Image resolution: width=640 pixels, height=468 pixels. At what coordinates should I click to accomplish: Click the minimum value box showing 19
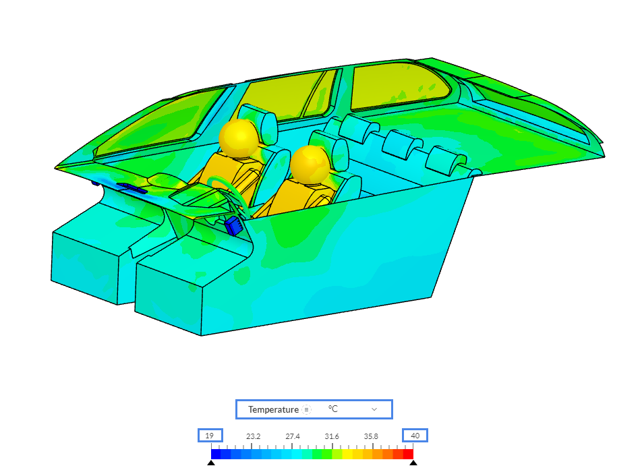pyautogui.click(x=210, y=436)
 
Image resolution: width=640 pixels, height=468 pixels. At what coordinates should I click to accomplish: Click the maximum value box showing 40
pyautogui.click(x=415, y=436)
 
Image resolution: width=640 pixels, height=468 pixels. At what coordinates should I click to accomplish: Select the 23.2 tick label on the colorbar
pyautogui.click(x=254, y=436)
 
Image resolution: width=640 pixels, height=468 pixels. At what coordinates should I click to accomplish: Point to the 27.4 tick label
pyautogui.click(x=293, y=436)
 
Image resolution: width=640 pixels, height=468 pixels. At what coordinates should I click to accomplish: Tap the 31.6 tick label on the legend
pyautogui.click(x=332, y=436)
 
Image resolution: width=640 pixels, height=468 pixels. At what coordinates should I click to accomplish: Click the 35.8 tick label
pyautogui.click(x=371, y=436)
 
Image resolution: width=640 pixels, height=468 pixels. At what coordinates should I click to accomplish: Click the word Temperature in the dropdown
pyautogui.click(x=273, y=409)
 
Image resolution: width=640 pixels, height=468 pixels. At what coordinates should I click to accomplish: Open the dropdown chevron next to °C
pyautogui.click(x=374, y=409)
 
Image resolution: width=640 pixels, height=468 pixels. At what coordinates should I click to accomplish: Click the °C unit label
pyautogui.click(x=333, y=409)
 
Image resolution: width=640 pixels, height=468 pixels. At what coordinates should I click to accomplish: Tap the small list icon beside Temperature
pyautogui.click(x=307, y=409)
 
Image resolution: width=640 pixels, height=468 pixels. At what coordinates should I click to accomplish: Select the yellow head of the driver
pyautogui.click(x=239, y=138)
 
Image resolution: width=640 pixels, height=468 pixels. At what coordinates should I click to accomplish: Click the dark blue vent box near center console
pyautogui.click(x=235, y=226)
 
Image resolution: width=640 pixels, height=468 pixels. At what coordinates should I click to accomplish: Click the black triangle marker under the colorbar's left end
pyautogui.click(x=211, y=463)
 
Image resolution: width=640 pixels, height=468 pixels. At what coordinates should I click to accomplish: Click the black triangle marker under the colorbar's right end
pyautogui.click(x=413, y=463)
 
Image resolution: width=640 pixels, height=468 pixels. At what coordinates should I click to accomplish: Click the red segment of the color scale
pyautogui.click(x=408, y=454)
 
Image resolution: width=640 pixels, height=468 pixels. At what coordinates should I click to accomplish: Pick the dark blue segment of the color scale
pyautogui.click(x=216, y=454)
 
